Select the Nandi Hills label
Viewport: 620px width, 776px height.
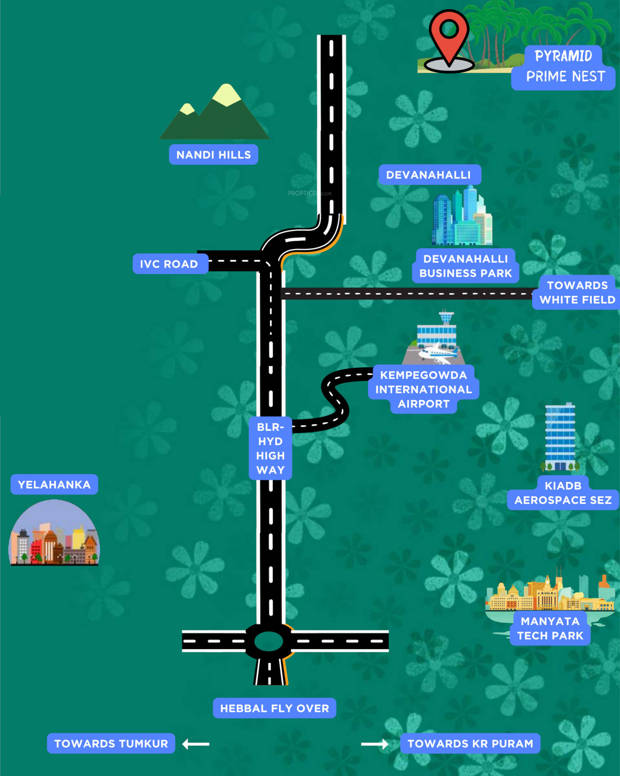tap(213, 155)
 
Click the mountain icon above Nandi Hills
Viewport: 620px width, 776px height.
tap(215, 113)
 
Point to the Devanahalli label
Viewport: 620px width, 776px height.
tap(429, 175)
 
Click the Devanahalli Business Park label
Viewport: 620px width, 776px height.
tap(465, 266)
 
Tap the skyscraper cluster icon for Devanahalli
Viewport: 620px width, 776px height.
tap(462, 217)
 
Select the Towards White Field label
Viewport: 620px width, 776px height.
tap(577, 292)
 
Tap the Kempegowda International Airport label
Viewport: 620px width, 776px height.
tap(423, 389)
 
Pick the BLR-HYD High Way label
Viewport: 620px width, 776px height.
tap(270, 448)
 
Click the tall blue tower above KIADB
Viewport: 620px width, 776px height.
tap(560, 437)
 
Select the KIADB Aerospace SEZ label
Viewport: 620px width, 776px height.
tap(563, 493)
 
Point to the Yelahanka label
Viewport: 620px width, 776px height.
tap(54, 484)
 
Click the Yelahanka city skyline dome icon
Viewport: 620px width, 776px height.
tap(54, 534)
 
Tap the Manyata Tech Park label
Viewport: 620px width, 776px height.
tap(550, 628)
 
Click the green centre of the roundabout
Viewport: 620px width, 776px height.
tap(269, 642)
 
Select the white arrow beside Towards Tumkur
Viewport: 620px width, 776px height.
tap(196, 744)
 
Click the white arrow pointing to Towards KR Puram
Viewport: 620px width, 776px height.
tap(374, 744)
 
